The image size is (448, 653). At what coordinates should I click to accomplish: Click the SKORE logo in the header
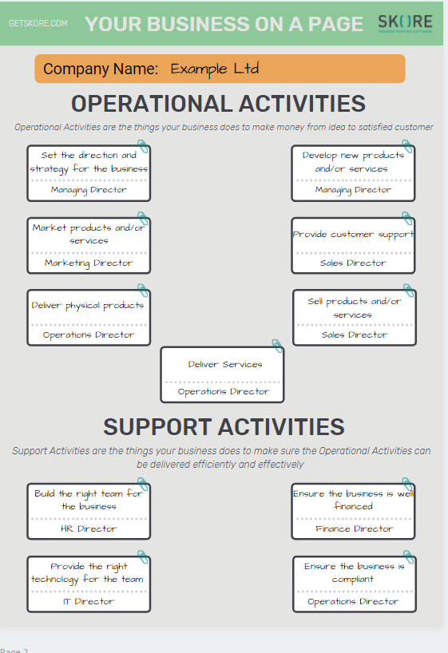click(405, 22)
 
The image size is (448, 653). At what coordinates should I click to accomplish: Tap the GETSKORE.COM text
click(38, 24)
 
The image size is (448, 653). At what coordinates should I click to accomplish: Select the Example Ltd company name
click(215, 69)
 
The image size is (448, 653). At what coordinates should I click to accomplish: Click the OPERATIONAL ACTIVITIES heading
click(218, 104)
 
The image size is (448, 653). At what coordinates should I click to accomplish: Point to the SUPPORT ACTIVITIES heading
click(224, 426)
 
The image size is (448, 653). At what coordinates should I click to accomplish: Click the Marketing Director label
click(89, 263)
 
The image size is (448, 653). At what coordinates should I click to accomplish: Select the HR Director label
click(89, 528)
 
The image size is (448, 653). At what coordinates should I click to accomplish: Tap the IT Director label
click(89, 601)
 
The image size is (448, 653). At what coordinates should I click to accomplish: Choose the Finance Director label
click(354, 528)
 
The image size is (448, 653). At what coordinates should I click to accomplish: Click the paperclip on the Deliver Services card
click(277, 346)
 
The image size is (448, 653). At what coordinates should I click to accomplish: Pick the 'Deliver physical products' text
click(88, 306)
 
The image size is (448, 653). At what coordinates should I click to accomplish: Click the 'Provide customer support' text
click(354, 235)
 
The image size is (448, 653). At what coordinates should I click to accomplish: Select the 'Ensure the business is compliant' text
click(354, 572)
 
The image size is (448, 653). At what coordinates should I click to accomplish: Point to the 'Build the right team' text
click(89, 500)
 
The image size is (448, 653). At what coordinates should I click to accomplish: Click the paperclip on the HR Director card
click(144, 484)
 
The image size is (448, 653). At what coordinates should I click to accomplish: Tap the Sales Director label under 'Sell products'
click(355, 335)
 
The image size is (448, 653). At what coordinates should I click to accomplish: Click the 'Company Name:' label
click(101, 69)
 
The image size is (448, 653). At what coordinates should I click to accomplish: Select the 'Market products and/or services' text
click(89, 234)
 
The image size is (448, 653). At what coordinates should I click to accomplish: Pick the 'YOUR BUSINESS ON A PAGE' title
click(224, 24)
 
